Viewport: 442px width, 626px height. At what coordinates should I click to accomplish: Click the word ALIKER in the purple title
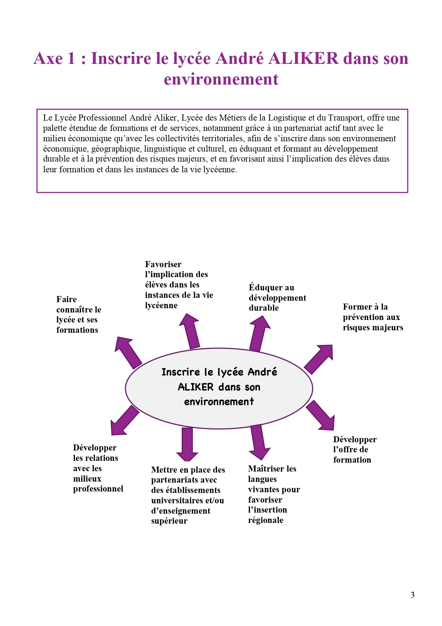[x=303, y=58]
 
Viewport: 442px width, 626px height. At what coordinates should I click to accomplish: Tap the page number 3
[x=412, y=595]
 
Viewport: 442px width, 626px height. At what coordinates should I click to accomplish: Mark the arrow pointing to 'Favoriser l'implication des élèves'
[x=190, y=331]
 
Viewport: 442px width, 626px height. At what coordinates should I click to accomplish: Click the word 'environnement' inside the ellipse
[x=219, y=402]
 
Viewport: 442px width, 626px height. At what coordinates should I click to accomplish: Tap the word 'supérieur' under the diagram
[x=169, y=521]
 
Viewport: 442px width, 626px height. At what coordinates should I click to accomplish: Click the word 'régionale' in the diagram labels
[x=266, y=520]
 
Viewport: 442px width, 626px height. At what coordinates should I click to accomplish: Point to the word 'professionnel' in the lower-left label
[x=98, y=489]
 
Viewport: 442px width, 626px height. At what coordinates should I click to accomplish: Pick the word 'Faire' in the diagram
[x=66, y=299]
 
